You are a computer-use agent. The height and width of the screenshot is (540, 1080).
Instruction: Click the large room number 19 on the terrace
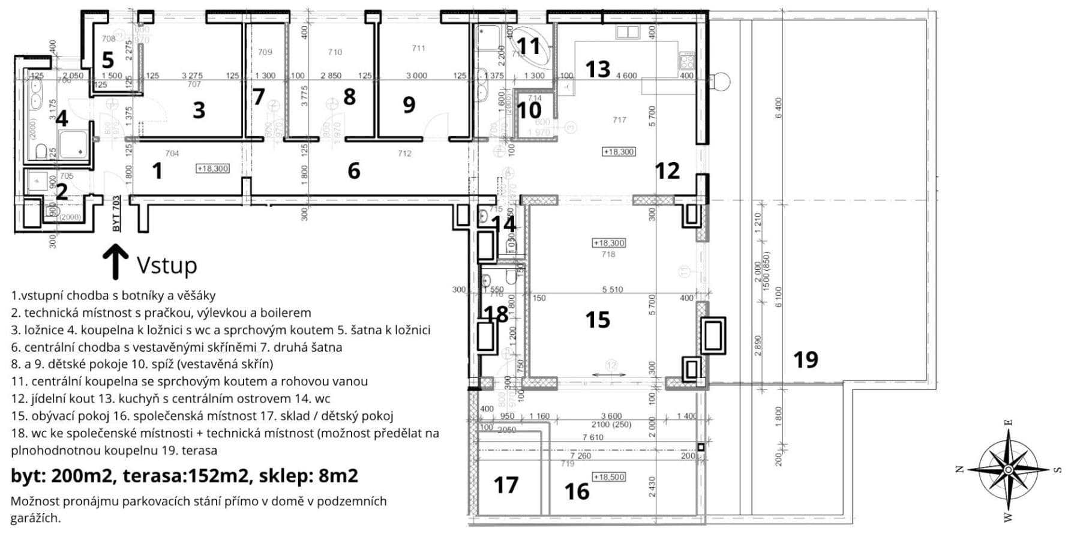tap(805, 359)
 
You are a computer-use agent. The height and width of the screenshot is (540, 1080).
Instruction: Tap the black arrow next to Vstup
tap(115, 262)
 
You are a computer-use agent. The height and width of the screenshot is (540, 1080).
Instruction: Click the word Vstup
tap(167, 265)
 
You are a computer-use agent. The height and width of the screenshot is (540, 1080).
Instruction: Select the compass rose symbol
tap(1009, 469)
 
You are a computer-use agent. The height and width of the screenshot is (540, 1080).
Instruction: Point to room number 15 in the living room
tap(598, 320)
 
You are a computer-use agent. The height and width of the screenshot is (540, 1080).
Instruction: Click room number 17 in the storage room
tap(506, 485)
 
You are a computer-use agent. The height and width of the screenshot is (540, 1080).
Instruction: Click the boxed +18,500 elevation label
tap(609, 477)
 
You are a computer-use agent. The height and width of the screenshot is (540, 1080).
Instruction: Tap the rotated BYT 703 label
tap(116, 214)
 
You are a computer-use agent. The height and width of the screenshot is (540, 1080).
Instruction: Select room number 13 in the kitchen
tap(598, 69)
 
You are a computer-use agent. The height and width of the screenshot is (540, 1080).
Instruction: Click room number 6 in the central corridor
tap(354, 171)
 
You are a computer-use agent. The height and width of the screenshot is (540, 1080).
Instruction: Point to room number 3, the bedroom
tap(199, 110)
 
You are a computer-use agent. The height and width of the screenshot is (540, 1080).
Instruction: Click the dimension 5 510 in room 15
tap(613, 290)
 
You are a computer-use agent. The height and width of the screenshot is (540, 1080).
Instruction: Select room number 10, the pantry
tap(529, 110)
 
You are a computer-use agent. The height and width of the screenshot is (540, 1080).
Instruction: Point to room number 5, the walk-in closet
tap(107, 60)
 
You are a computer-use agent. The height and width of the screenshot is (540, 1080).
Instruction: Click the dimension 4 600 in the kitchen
tap(626, 76)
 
